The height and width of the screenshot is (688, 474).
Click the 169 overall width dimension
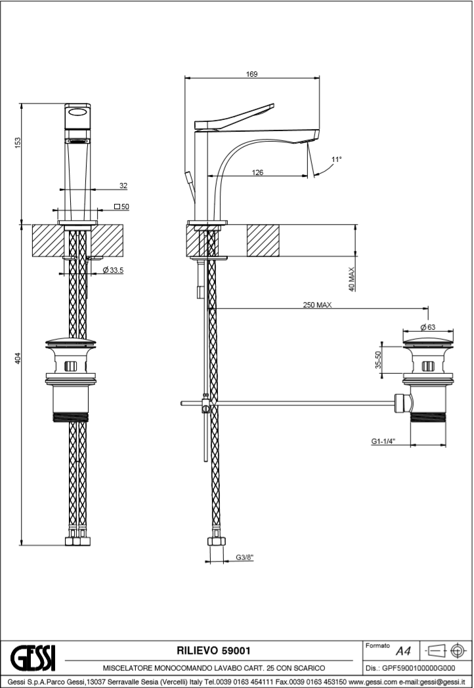pos(251,74)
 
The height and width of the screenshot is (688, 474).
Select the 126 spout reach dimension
pos(257,172)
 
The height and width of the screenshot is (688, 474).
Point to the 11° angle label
pos(337,159)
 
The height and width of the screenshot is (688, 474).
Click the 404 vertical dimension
pos(18,358)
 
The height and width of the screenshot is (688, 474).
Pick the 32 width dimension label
pos(123,186)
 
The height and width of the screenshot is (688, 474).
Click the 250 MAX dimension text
pos(316,304)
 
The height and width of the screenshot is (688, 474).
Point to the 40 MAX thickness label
pos(352,279)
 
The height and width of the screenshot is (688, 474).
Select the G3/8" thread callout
pos(244,557)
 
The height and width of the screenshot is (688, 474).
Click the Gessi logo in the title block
pos(33,656)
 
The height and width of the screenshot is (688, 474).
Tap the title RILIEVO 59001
pos(213,650)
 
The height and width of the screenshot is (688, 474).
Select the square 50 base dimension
pos(121,207)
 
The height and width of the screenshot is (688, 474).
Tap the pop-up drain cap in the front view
pos(72,342)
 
